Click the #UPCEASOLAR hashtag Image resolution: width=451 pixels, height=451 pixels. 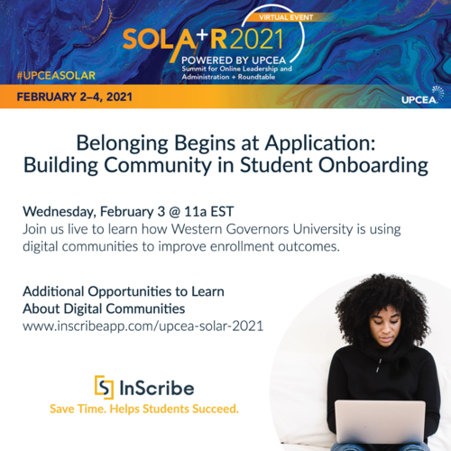coord(57,72)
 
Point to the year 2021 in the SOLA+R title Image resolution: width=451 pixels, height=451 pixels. coord(255,38)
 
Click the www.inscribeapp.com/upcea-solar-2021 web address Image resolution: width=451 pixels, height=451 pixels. coord(143,326)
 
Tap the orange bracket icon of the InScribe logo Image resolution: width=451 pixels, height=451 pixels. coord(105,387)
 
